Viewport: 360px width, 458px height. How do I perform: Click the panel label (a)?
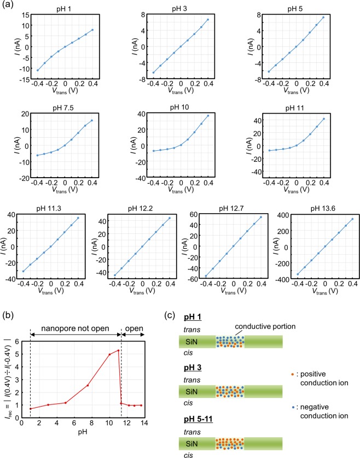[x=8, y=5]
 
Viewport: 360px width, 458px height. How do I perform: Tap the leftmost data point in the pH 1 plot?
[x=37, y=70]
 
